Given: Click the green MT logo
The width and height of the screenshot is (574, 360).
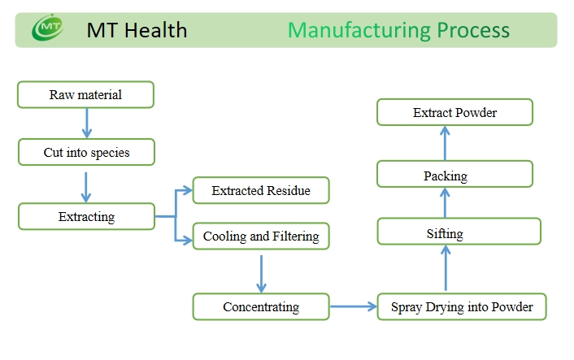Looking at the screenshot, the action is click(x=48, y=28).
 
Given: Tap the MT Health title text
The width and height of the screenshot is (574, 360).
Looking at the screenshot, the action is click(x=137, y=30).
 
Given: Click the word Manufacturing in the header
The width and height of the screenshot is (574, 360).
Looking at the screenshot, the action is click(x=359, y=30).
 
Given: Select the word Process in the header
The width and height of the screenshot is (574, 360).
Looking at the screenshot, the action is click(x=473, y=30).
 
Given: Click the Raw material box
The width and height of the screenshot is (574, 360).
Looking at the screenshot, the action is click(x=85, y=95).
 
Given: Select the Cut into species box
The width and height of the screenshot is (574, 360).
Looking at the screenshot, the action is click(x=86, y=152).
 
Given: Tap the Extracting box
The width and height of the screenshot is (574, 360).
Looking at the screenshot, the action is click(x=86, y=217).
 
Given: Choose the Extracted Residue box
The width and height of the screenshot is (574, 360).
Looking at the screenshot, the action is click(x=261, y=190).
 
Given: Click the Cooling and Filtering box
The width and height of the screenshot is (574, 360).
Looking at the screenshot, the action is click(x=261, y=236).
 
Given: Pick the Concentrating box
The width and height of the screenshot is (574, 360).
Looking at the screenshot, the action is click(x=261, y=306).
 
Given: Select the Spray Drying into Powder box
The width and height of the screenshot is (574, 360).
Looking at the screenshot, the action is click(x=462, y=306).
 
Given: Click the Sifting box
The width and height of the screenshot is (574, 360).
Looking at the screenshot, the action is click(x=459, y=232).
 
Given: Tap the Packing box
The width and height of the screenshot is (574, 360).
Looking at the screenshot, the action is click(x=454, y=174).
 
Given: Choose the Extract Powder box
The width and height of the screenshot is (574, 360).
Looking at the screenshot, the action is click(x=454, y=112).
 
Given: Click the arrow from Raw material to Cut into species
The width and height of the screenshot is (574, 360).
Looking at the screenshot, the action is click(x=87, y=123).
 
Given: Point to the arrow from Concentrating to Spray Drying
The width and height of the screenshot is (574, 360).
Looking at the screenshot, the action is click(x=353, y=306).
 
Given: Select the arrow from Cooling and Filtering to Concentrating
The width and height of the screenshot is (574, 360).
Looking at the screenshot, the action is click(x=261, y=274).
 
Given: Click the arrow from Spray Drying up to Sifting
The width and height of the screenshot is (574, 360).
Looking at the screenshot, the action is click(x=446, y=268).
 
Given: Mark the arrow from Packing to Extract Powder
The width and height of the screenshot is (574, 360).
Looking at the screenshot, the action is click(x=445, y=143).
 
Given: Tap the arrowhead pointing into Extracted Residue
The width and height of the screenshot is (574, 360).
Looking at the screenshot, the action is click(x=188, y=190).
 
